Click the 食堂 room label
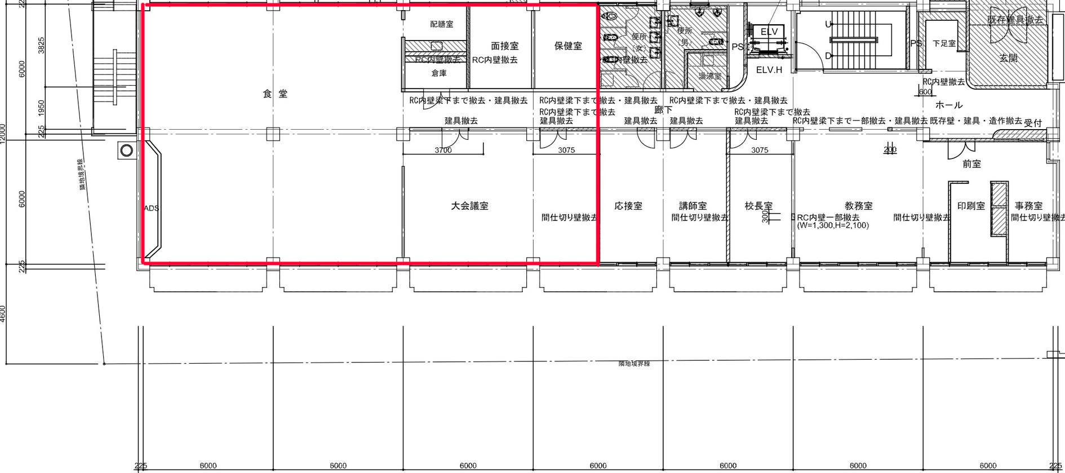coord(275,94)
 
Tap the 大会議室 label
coord(469,206)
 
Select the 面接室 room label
coord(504,46)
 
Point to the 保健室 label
coord(568,46)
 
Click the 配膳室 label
coord(441,24)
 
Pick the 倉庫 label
coord(439,73)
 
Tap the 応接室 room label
coord(628,206)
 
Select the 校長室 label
coord(758,206)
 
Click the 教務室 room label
coord(859,206)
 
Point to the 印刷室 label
coord(971,206)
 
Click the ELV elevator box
coord(769,32)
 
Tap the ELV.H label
coord(769,70)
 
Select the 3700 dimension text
coord(443,150)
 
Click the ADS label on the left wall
coord(151,208)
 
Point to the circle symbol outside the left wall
coord(127,151)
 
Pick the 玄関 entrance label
coord(1008,58)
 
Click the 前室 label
coord(971,164)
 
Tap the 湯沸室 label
coord(709,76)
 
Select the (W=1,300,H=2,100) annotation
coord(833,226)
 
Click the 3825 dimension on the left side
coord(41,46)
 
